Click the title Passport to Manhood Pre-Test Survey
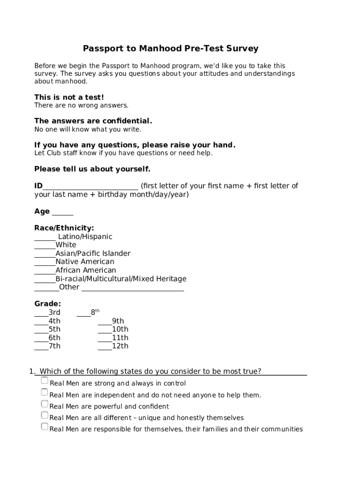[171, 49]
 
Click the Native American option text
[85, 262]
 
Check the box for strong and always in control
[44, 381]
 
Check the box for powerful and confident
[44, 404]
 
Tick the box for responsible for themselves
[44, 427]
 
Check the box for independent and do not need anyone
[44, 392]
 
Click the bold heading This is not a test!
[69, 97]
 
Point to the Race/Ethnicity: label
[64, 228]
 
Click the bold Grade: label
[48, 304]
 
